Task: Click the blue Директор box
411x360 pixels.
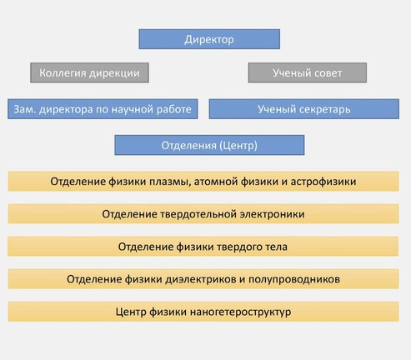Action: (209, 39)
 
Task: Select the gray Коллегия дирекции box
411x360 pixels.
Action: (89, 72)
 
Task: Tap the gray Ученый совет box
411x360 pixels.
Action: (308, 72)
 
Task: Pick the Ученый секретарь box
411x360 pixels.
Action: (304, 109)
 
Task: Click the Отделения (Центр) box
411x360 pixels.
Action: (209, 145)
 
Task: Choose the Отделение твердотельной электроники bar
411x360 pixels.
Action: (203, 213)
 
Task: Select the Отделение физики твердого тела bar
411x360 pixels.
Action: (203, 246)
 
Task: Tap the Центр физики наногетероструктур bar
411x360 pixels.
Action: (203, 312)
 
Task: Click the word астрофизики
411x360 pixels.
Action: (323, 182)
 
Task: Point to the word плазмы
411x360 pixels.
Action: (170, 182)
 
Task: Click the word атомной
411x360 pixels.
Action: (216, 182)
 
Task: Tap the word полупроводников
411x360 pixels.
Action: (294, 279)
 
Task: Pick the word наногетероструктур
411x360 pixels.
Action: (241, 312)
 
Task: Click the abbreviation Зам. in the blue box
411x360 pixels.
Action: (25, 109)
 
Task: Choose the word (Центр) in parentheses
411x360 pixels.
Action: (238, 146)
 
